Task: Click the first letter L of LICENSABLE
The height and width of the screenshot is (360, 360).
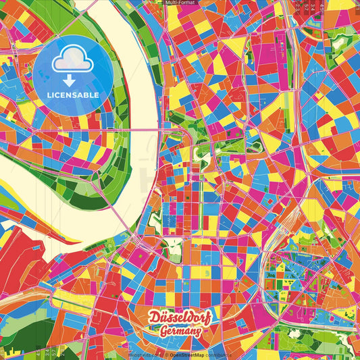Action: (49, 95)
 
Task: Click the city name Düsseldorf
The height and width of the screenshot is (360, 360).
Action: (179, 316)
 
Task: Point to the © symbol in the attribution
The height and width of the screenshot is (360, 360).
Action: (165, 354)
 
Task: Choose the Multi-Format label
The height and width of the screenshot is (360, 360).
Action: (180, 3)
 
